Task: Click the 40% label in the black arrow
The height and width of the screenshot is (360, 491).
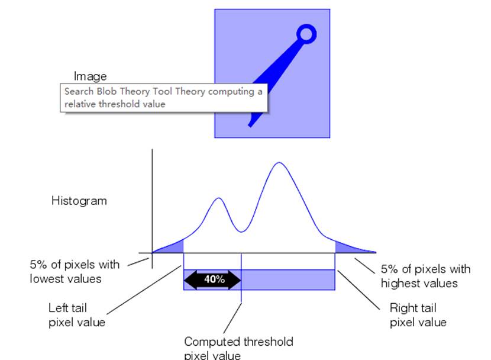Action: tap(214, 279)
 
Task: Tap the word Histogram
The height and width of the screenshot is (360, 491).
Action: tap(79, 201)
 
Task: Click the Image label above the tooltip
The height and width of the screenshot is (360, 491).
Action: tap(91, 76)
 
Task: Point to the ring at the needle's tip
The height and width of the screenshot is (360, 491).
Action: tap(305, 35)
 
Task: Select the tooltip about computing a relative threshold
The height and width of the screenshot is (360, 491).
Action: tap(164, 98)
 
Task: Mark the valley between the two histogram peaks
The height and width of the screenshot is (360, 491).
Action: tap(241, 231)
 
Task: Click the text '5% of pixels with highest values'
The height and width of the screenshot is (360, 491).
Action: tap(425, 276)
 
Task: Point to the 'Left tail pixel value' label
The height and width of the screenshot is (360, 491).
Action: tap(77, 315)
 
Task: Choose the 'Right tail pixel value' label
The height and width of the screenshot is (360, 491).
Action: tap(418, 315)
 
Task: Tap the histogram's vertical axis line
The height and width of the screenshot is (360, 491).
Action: tap(153, 201)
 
